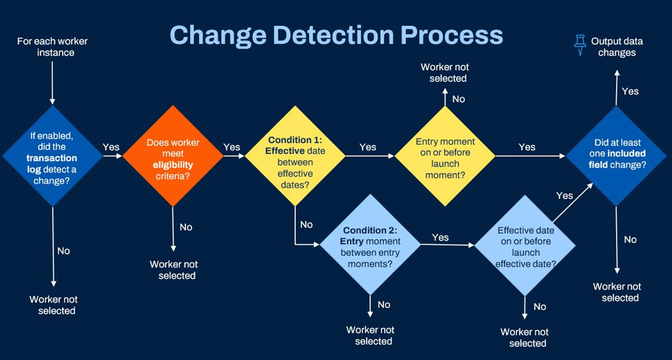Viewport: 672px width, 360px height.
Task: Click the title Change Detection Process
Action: (337, 35)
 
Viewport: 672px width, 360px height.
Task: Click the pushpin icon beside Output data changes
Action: (580, 45)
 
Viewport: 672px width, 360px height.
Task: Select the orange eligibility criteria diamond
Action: (173, 156)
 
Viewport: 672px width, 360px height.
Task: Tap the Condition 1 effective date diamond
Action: (295, 156)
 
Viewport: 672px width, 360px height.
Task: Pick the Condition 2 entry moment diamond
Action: (370, 245)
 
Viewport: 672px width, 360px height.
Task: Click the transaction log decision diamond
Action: (53, 156)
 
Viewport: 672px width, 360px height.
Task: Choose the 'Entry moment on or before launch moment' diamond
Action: (445, 156)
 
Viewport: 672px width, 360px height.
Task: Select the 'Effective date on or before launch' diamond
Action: (525, 245)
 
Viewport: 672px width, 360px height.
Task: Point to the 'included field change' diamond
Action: (616, 156)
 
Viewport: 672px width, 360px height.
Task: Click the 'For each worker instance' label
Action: (53, 47)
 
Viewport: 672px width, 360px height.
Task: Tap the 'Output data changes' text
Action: (617, 47)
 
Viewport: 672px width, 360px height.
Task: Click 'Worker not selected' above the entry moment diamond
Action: (445, 73)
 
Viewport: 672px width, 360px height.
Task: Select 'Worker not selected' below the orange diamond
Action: (174, 270)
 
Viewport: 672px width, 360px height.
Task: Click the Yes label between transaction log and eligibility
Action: (111, 147)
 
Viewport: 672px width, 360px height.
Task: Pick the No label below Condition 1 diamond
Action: (306, 225)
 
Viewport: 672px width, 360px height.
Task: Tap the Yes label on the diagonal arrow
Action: (564, 195)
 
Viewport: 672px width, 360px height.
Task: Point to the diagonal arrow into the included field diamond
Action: (573, 203)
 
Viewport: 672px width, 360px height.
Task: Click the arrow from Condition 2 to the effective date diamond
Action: (447, 245)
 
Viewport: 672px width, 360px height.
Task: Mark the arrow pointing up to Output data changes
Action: (617, 87)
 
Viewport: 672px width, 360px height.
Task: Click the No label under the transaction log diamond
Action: (64, 251)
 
